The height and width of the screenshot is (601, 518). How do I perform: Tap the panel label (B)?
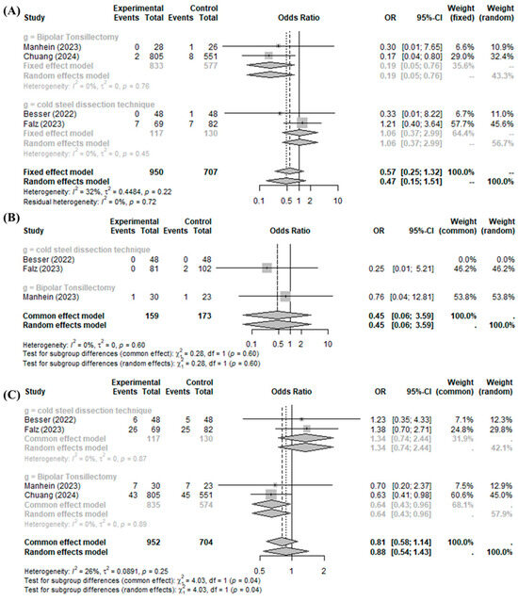tap(12, 218)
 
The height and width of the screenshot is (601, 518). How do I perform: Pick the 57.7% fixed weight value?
tap(451, 122)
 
